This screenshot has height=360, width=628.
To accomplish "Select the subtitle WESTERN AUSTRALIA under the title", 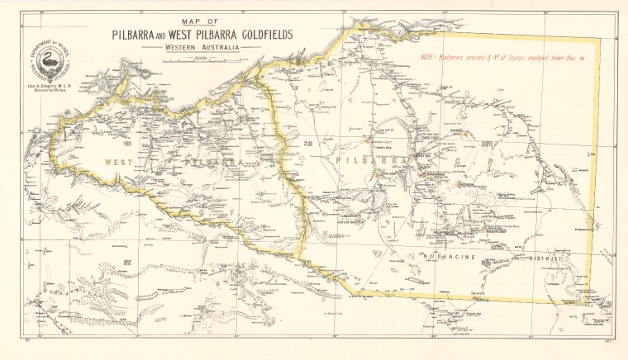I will click(201, 49).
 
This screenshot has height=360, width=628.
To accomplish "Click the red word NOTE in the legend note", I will click(427, 59).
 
